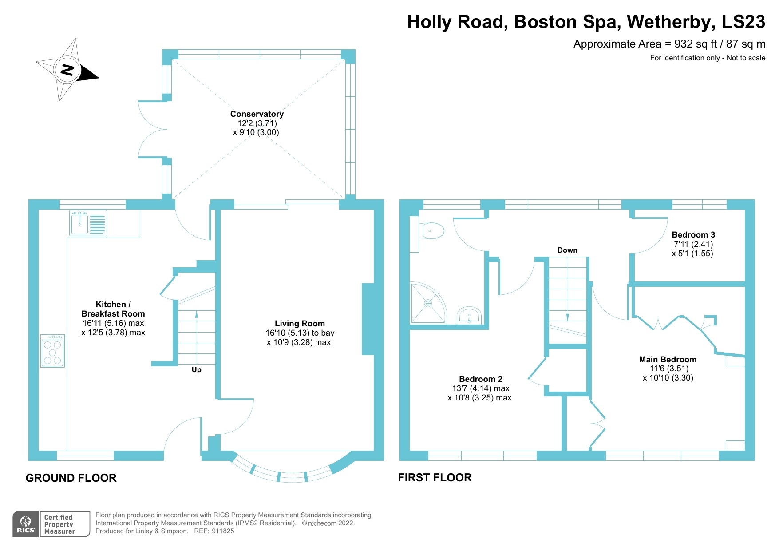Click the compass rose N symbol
[67, 70]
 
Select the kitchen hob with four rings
[53, 351]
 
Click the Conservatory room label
[257, 114]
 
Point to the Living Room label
[300, 324]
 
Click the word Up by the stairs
[196, 369]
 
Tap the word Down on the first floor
[567, 250]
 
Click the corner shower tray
[427, 303]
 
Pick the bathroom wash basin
[469, 316]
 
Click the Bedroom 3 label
[693, 235]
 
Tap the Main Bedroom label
[668, 360]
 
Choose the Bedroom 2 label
[480, 379]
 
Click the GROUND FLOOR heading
[71, 478]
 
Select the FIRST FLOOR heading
[435, 477]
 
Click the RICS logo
[26, 524]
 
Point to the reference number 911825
[223, 531]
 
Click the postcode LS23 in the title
[743, 22]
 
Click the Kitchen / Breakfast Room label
[113, 309]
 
